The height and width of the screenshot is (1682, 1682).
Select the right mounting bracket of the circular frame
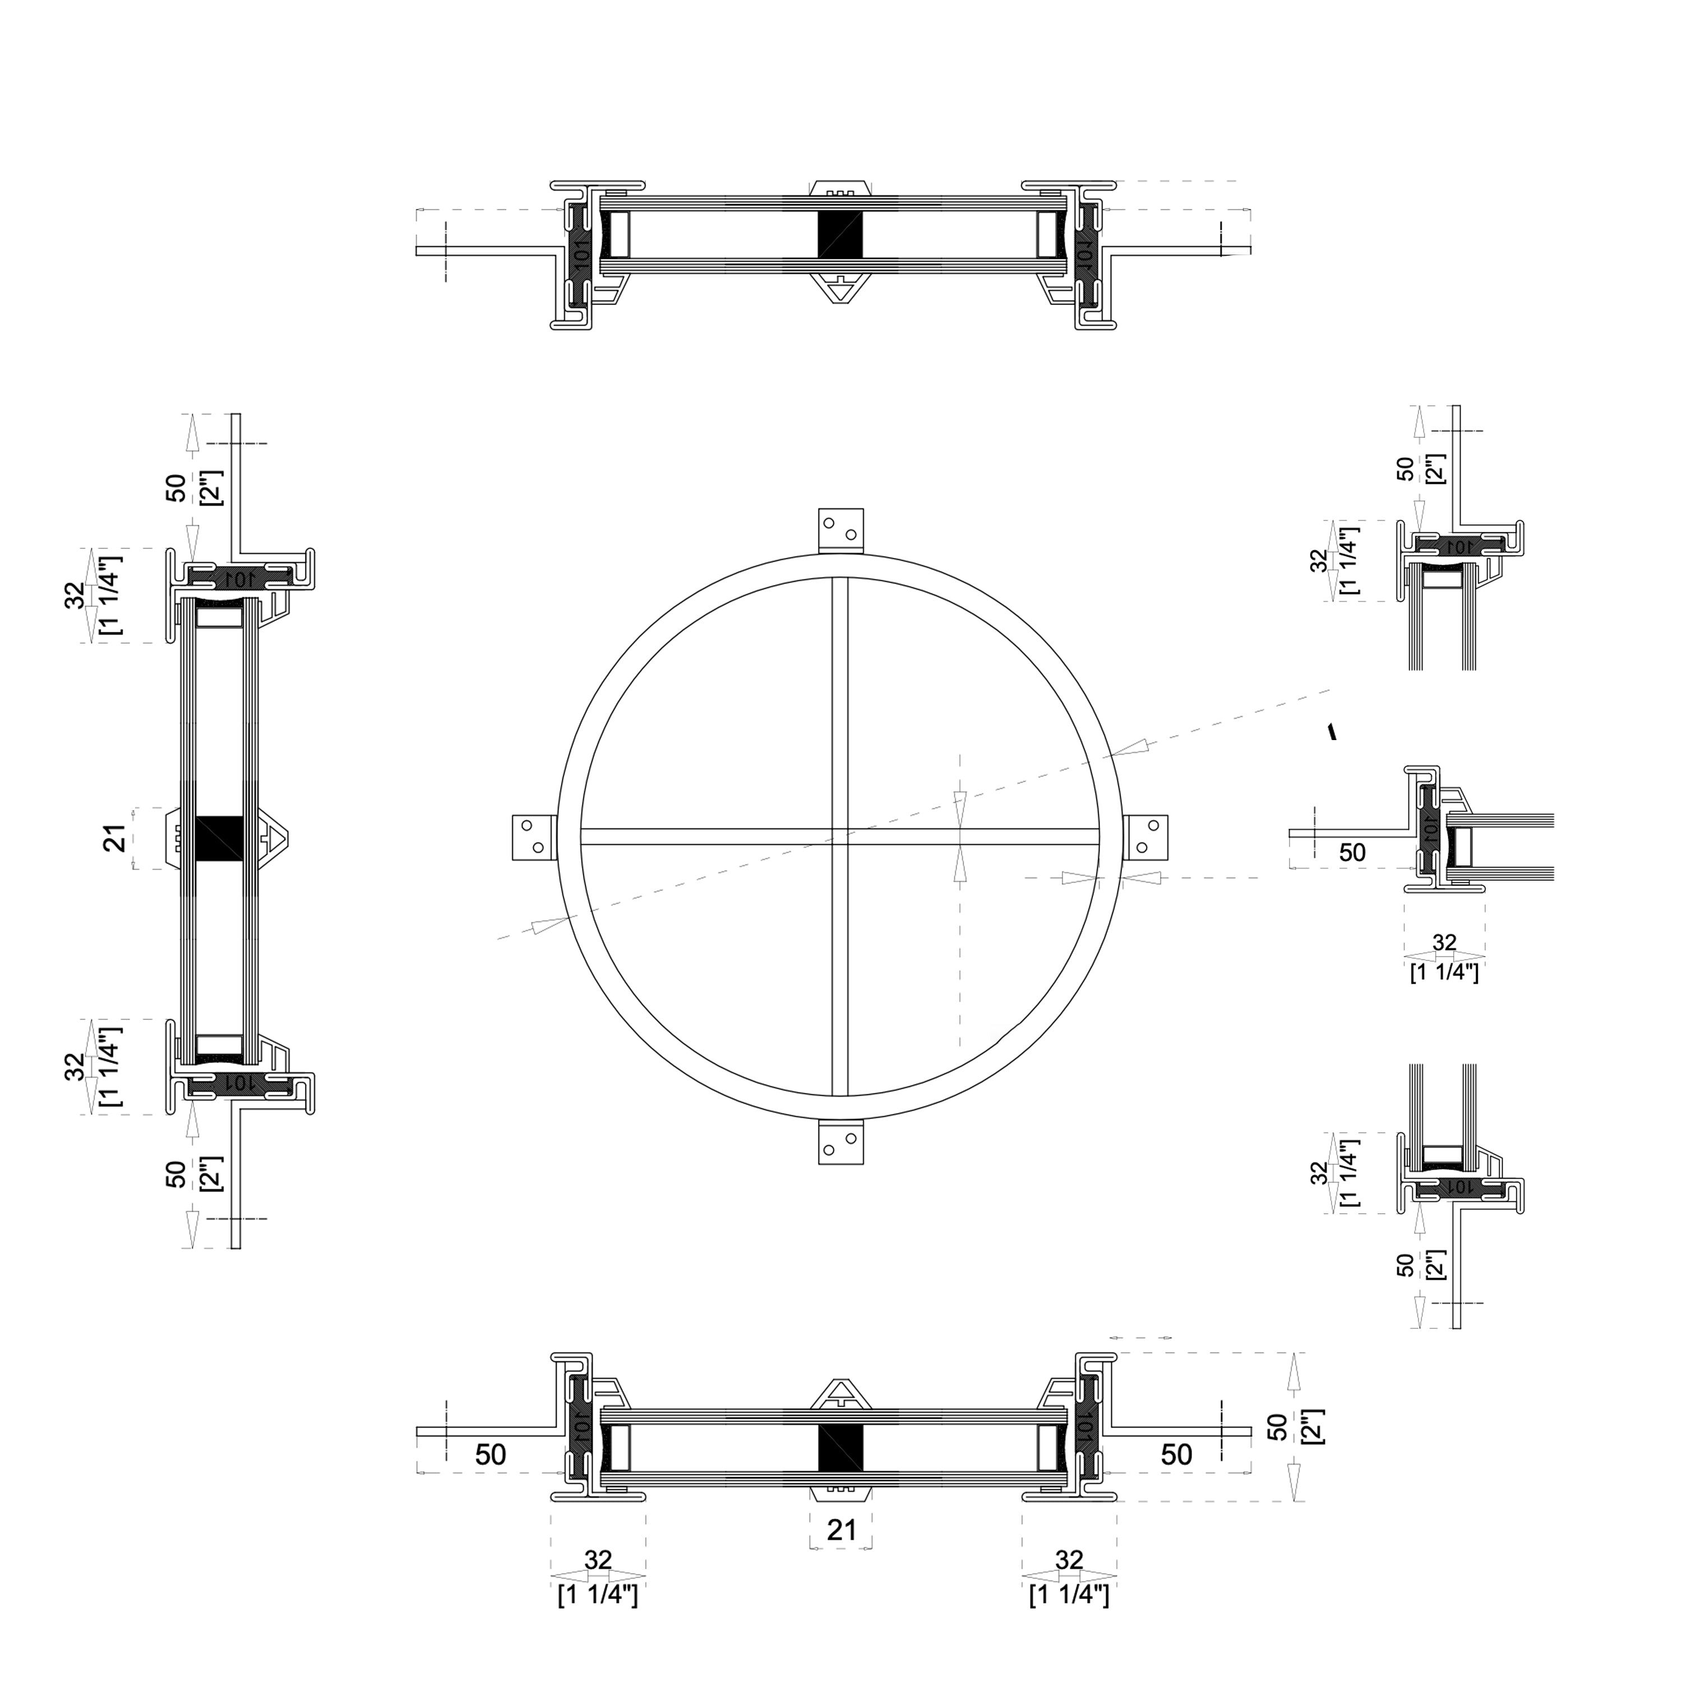(1145, 838)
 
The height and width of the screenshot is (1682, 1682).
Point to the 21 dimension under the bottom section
(841, 1529)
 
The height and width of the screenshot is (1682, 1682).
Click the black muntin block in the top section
(840, 233)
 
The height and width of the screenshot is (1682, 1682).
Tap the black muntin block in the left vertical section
(219, 838)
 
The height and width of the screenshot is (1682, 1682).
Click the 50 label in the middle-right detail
(1351, 852)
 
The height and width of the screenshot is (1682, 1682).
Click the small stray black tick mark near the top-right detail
(1330, 731)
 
